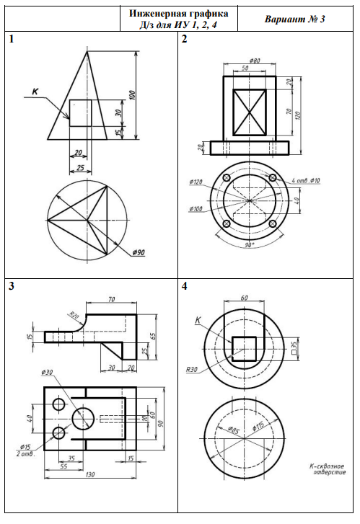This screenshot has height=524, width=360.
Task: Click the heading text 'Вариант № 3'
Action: click(x=295, y=19)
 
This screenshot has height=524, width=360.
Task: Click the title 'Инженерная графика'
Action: click(x=179, y=14)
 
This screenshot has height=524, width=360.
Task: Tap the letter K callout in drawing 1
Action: click(x=35, y=92)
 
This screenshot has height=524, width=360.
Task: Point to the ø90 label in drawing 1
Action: click(x=139, y=252)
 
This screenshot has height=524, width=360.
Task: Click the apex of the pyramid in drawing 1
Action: click(x=87, y=51)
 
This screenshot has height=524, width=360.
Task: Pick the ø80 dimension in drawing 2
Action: click(x=255, y=61)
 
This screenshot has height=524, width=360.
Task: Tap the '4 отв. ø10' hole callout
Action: click(x=306, y=180)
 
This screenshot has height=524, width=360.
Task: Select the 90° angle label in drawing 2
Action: click(x=249, y=245)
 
